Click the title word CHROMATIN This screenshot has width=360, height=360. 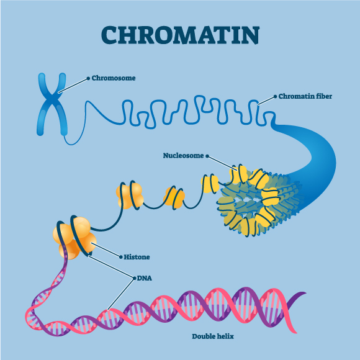(x=180, y=35)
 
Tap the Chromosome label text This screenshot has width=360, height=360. (x=114, y=78)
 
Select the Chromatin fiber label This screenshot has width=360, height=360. (x=305, y=96)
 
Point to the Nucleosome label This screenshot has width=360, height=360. (x=183, y=155)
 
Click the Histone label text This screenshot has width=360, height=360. (x=137, y=257)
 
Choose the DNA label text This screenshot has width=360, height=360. (x=145, y=278)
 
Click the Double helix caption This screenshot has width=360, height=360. (x=213, y=336)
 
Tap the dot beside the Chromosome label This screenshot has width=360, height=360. (x=88, y=79)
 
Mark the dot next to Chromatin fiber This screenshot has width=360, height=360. (x=276, y=97)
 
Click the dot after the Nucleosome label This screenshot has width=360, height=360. (x=207, y=156)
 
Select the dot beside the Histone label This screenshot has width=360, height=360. (x=121, y=257)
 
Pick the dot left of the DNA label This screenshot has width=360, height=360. (x=134, y=279)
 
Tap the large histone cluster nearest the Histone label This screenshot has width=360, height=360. (x=74, y=236)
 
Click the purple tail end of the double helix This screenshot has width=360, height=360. (x=300, y=294)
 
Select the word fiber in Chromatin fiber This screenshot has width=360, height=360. (x=324, y=96)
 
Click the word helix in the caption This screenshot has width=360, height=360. (x=226, y=336)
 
